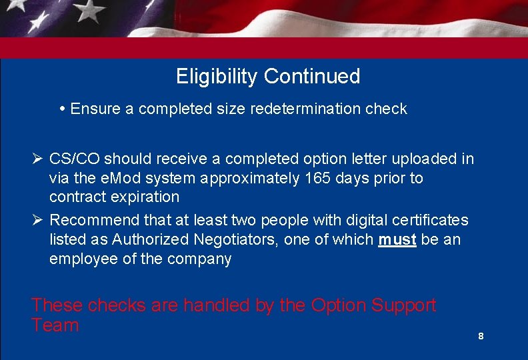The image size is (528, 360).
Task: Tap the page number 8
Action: pyautogui.click(x=481, y=337)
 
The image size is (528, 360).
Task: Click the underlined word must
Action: pyautogui.click(x=397, y=239)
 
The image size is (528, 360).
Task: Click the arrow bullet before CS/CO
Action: pyautogui.click(x=37, y=159)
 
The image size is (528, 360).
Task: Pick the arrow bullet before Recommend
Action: pyautogui.click(x=37, y=220)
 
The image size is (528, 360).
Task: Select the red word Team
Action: pyautogui.click(x=55, y=326)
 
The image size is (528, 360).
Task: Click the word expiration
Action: pyautogui.click(x=147, y=197)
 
